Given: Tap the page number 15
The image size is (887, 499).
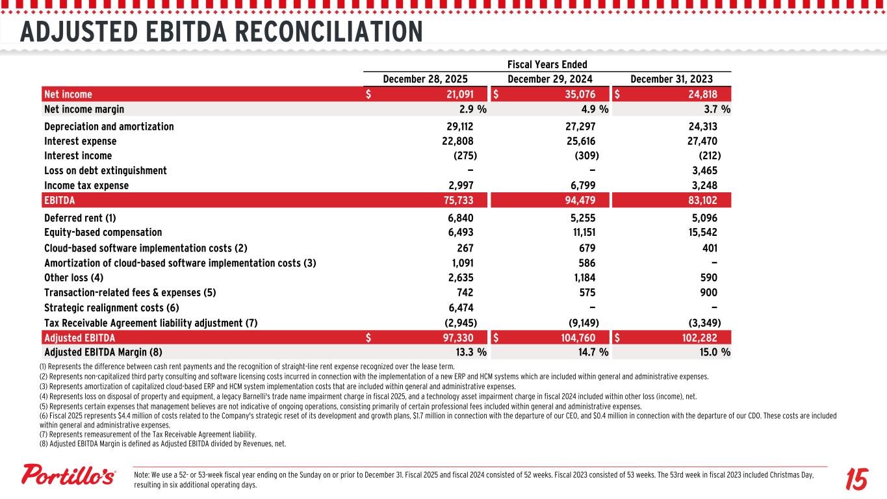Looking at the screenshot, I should pyautogui.click(x=856, y=480).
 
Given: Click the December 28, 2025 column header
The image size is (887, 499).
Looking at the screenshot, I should pyautogui.click(x=425, y=79).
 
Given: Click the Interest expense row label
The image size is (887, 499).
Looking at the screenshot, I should pyautogui.click(x=81, y=141).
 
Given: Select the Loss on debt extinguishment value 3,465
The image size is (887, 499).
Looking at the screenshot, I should pyautogui.click(x=704, y=171).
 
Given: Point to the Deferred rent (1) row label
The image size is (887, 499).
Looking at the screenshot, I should pyautogui.click(x=80, y=218).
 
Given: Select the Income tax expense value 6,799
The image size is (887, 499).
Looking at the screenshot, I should pyautogui.click(x=581, y=186).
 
